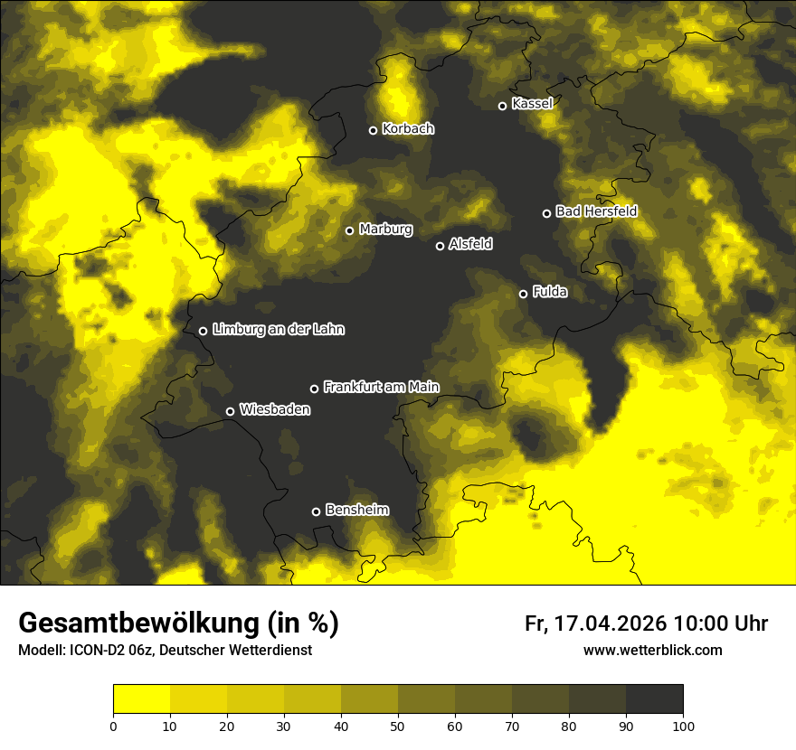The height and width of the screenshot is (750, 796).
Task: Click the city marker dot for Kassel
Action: click(x=503, y=106)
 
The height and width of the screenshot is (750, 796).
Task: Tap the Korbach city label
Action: click(x=408, y=129)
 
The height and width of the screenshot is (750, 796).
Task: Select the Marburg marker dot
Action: click(x=350, y=230)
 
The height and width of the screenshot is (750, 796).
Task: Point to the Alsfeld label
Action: click(x=470, y=244)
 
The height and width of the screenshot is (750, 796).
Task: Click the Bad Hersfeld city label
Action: click(x=596, y=211)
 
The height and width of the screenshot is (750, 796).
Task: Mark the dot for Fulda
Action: click(x=523, y=294)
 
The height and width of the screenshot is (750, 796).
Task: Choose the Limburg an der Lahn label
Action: click(x=278, y=330)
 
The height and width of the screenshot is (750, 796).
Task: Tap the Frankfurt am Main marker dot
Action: click(x=315, y=389)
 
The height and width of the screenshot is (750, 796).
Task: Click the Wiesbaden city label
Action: click(x=275, y=410)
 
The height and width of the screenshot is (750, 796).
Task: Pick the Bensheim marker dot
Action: click(x=316, y=511)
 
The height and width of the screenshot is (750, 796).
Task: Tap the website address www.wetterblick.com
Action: click(x=652, y=650)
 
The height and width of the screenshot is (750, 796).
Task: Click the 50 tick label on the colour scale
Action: click(x=398, y=726)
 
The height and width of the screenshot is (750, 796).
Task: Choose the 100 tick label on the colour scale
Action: click(x=683, y=726)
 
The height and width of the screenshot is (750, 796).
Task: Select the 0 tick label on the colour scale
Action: click(x=113, y=726)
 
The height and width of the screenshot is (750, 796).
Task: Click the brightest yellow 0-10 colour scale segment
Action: click(x=141, y=699)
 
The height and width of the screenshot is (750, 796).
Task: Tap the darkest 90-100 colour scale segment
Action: click(x=654, y=699)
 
